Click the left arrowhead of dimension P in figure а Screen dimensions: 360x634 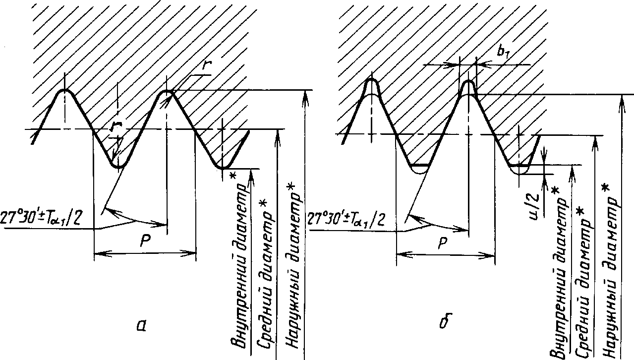pos(98,253)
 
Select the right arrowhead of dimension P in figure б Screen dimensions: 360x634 pos(491,256)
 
